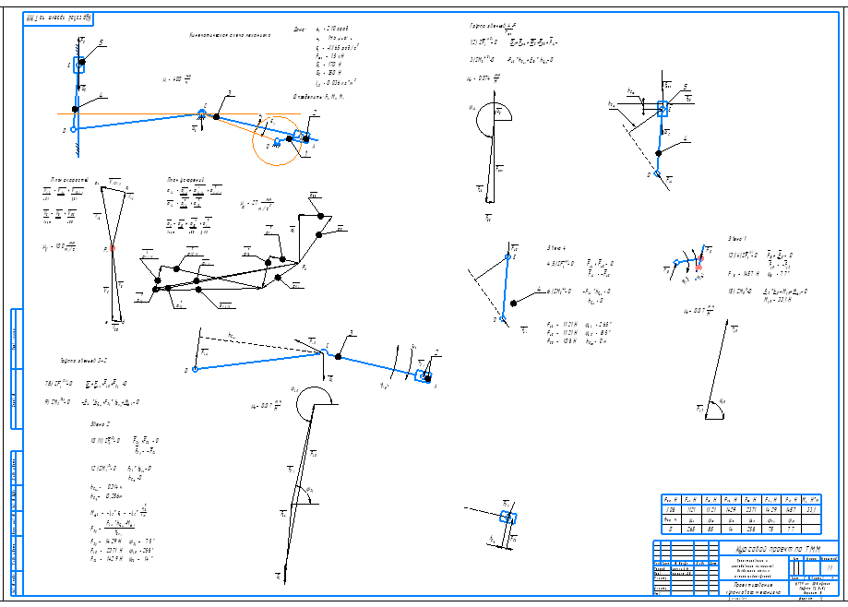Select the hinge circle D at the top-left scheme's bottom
tap(74, 129)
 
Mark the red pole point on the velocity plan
tap(113, 248)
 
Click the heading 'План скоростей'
tap(69, 180)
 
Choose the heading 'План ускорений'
tap(185, 180)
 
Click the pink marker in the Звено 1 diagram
tap(699, 261)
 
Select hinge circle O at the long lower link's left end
tap(195, 369)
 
